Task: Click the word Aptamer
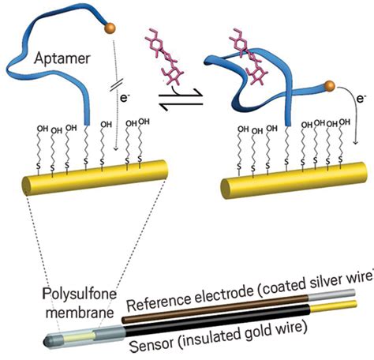[61, 58]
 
